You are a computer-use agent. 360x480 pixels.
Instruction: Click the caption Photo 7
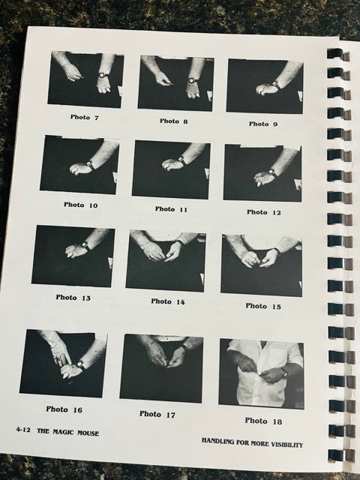point(85,117)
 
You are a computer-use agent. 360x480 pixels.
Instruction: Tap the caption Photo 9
point(263,124)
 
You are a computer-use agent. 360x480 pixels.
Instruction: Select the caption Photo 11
point(171,209)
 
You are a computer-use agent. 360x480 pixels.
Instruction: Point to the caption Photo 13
point(73,298)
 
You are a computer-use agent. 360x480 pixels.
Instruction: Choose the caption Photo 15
point(263,306)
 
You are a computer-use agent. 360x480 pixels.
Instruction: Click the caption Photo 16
point(64,409)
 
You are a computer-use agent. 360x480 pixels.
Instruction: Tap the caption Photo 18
point(263,421)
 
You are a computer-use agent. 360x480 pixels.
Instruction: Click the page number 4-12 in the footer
point(23,430)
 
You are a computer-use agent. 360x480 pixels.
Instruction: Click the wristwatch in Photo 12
point(271,172)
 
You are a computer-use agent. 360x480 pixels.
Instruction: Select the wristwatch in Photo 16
point(80,364)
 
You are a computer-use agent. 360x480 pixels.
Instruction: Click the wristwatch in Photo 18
point(283,373)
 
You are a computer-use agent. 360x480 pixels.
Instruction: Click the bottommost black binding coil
point(337,455)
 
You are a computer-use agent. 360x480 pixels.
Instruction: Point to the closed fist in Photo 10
point(79,168)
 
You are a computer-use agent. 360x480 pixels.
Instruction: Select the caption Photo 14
point(168,301)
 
